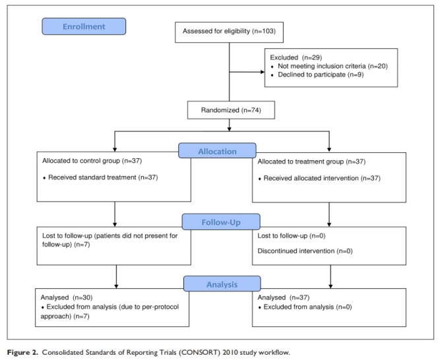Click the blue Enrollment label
coord(84,27)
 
